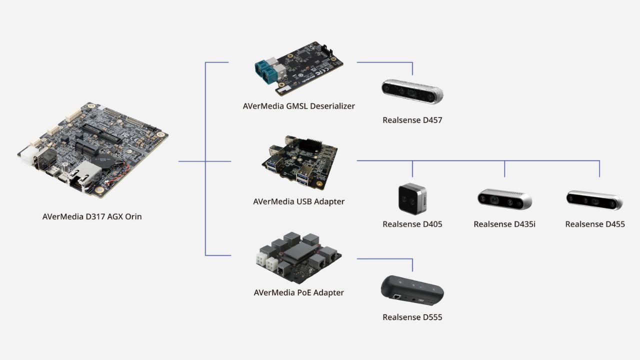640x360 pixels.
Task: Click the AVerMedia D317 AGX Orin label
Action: pos(92,216)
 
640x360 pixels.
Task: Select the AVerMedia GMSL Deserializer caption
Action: pos(298,106)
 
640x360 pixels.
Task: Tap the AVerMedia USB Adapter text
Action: pos(298,201)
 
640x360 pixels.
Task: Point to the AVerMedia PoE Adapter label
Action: pos(298,292)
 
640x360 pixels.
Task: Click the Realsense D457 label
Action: pos(412,120)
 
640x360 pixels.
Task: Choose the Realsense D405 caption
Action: pos(412,224)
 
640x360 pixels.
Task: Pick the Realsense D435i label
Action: pos(504,224)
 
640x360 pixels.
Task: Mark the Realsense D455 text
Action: pos(594,224)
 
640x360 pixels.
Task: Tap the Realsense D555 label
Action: pos(412,317)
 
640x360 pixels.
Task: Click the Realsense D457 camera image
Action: pos(412,91)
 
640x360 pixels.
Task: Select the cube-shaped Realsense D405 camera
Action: pos(412,198)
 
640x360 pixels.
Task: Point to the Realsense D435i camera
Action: pos(504,199)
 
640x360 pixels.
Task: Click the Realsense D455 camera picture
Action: pos(594,199)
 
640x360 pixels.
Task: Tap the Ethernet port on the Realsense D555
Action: pos(396,297)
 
